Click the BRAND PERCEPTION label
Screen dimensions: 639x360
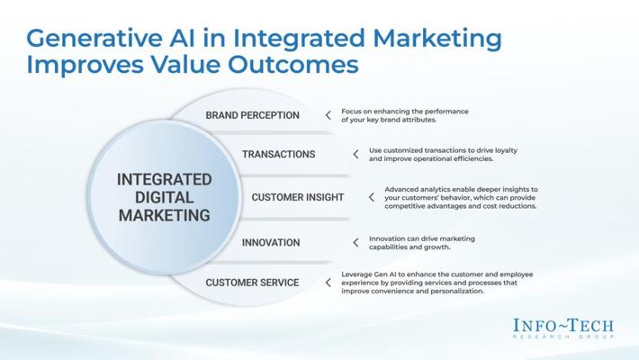pos(252,115)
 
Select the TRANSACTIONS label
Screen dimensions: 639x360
pos(278,154)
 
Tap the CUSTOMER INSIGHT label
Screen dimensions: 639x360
pos(298,197)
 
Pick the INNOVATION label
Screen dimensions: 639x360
pos(271,243)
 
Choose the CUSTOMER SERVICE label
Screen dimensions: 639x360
pos(252,283)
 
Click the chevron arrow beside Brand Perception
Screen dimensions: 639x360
pos(328,115)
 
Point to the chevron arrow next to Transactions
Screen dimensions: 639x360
pos(355,154)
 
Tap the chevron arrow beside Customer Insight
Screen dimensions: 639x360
pos(372,197)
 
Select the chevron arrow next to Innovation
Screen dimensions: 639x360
pos(355,243)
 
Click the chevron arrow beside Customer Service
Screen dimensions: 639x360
pos(328,283)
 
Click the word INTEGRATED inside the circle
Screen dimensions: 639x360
pos(164,180)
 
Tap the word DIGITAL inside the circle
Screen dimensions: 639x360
pos(164,198)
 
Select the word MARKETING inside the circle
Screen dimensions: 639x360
pos(164,216)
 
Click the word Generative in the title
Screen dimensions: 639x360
pos(94,39)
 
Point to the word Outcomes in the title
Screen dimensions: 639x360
pos(293,65)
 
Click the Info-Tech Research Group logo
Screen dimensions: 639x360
pos(563,328)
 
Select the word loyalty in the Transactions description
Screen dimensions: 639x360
pos(506,150)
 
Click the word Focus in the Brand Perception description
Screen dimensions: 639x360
pos(350,112)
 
